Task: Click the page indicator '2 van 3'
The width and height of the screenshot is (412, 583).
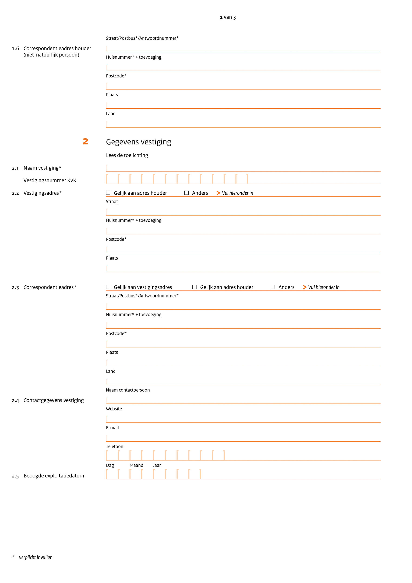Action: click(x=227, y=17)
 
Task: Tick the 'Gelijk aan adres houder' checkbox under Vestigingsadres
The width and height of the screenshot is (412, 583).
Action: click(x=108, y=193)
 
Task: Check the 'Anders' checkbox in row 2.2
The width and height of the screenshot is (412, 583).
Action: click(x=186, y=193)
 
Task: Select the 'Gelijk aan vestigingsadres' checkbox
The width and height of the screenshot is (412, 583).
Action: click(x=108, y=287)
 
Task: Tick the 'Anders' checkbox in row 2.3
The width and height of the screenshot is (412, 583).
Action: click(x=273, y=287)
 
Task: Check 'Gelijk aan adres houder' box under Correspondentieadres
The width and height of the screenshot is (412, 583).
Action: click(x=194, y=287)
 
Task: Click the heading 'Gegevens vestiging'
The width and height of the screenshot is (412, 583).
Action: click(x=138, y=142)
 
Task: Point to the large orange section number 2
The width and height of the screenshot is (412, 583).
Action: click(x=86, y=141)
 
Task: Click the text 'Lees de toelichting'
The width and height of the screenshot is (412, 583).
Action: click(x=127, y=155)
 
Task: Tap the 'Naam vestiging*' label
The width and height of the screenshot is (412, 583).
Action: click(x=42, y=168)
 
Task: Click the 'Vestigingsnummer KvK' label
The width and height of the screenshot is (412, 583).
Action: click(x=50, y=180)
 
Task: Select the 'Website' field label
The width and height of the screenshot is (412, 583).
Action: click(x=114, y=409)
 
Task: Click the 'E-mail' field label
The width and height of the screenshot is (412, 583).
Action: click(x=113, y=428)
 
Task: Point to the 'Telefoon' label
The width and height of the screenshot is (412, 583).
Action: click(x=114, y=447)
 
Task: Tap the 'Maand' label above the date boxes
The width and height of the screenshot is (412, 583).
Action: click(x=136, y=465)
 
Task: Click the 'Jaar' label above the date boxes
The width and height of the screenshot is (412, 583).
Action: click(x=157, y=465)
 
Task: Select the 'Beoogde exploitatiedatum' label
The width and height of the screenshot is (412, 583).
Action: click(x=53, y=476)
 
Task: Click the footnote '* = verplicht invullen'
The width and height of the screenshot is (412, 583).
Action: click(x=32, y=557)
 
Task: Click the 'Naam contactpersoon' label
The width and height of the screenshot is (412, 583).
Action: click(x=128, y=390)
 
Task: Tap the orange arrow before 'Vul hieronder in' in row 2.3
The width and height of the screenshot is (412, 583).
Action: click(x=305, y=287)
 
